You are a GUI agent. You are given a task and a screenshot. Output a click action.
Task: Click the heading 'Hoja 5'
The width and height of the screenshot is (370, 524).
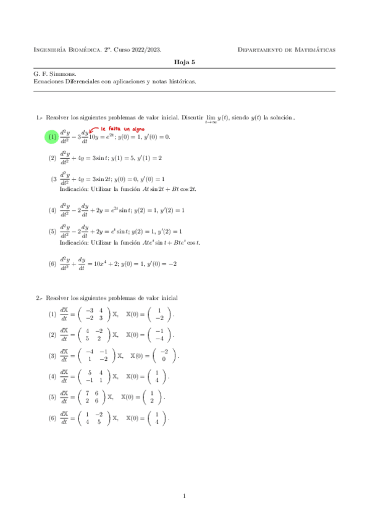coord(184,62)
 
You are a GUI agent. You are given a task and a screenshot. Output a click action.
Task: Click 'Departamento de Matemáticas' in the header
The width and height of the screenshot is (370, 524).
coord(287,49)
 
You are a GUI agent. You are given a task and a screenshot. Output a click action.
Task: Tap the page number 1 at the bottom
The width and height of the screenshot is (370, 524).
coord(185,496)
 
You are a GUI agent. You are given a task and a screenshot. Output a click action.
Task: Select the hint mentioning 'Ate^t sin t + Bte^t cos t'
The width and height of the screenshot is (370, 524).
coord(130,242)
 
